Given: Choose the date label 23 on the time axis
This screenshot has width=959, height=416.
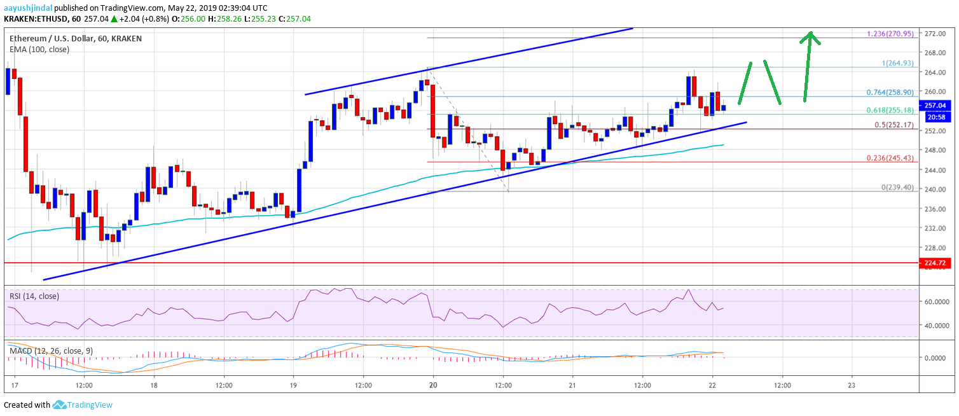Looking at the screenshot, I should pyautogui.click(x=852, y=385).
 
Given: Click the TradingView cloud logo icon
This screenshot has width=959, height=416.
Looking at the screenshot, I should pyautogui.click(x=60, y=405).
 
